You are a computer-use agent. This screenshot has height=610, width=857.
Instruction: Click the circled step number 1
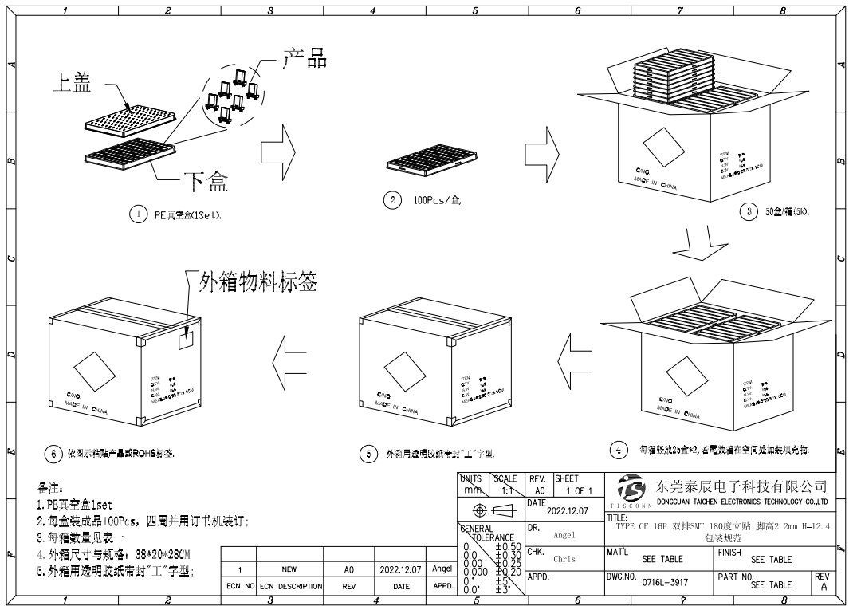[x=138, y=214]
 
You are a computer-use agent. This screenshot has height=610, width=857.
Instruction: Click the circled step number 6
[x=53, y=453]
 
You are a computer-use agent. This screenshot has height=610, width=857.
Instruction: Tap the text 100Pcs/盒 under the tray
[x=437, y=200]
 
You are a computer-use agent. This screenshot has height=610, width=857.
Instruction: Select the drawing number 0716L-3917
[x=664, y=584]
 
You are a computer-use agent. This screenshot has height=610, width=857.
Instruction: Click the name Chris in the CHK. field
[x=564, y=559]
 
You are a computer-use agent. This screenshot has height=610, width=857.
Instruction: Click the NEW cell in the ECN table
[x=289, y=570]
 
